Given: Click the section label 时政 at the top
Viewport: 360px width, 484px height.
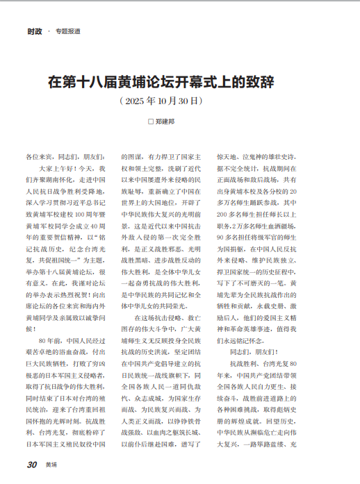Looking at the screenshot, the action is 35,31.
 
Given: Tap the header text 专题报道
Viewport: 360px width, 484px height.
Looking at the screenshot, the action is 68,31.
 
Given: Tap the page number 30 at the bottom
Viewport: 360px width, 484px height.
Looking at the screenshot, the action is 31,465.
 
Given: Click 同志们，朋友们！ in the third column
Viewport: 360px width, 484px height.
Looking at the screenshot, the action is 254,353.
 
